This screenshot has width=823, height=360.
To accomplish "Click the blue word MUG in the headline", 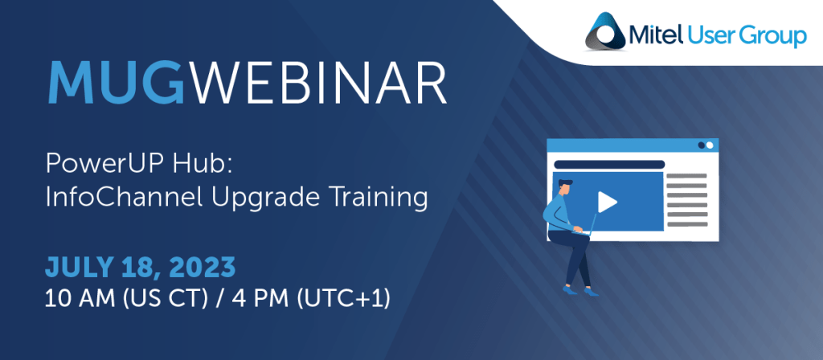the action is coord(117,84).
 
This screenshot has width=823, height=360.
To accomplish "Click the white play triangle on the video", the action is coord(607,202).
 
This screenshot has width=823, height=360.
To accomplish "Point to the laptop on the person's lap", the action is coord(587,226).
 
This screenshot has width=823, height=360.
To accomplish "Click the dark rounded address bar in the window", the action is coord(609,165).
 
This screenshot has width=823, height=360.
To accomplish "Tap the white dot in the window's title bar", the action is coord(710,145).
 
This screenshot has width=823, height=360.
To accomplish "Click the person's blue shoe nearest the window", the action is coord(591,291).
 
